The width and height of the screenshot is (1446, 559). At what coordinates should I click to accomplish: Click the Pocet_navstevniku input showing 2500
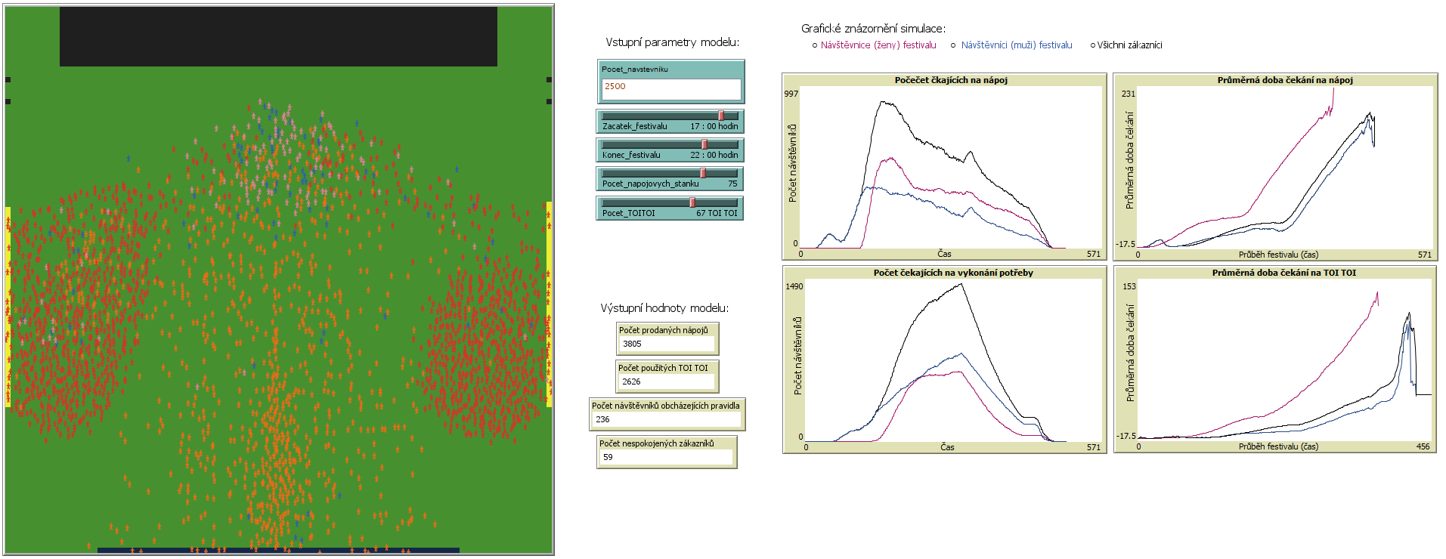[x=670, y=88]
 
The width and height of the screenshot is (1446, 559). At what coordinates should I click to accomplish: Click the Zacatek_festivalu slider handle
[x=721, y=116]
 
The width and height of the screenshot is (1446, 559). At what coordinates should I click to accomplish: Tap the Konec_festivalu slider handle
[x=704, y=144]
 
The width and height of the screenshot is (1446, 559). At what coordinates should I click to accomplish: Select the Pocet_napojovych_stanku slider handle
[x=703, y=173]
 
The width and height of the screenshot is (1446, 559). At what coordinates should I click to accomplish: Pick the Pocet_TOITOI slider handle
[x=692, y=202]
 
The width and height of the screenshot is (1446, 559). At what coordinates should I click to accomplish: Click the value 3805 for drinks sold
[x=666, y=344]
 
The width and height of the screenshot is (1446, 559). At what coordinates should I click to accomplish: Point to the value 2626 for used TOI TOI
[x=666, y=381]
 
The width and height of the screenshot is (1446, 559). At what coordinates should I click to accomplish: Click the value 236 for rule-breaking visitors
[x=666, y=419]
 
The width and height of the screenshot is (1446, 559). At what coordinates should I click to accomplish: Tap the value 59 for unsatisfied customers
[x=664, y=457]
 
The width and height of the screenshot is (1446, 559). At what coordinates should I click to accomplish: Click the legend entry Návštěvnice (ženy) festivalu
[x=878, y=45]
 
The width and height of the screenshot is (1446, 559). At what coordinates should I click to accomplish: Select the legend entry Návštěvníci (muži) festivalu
[x=1016, y=45]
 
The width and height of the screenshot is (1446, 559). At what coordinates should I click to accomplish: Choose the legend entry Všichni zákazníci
[x=1129, y=45]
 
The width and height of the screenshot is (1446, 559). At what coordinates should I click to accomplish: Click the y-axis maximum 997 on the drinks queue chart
[x=791, y=94]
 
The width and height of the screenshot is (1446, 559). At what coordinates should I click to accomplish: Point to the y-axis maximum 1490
[x=794, y=286]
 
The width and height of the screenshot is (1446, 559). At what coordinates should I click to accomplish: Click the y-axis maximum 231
[x=1128, y=94]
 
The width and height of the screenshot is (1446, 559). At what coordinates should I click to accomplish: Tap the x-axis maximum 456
[x=1423, y=446]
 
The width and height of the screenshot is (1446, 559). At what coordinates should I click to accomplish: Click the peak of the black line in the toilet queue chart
[x=961, y=284]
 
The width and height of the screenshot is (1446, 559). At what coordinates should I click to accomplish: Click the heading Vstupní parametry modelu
[x=672, y=42]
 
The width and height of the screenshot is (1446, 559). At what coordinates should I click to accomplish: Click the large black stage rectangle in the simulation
[x=278, y=37]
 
